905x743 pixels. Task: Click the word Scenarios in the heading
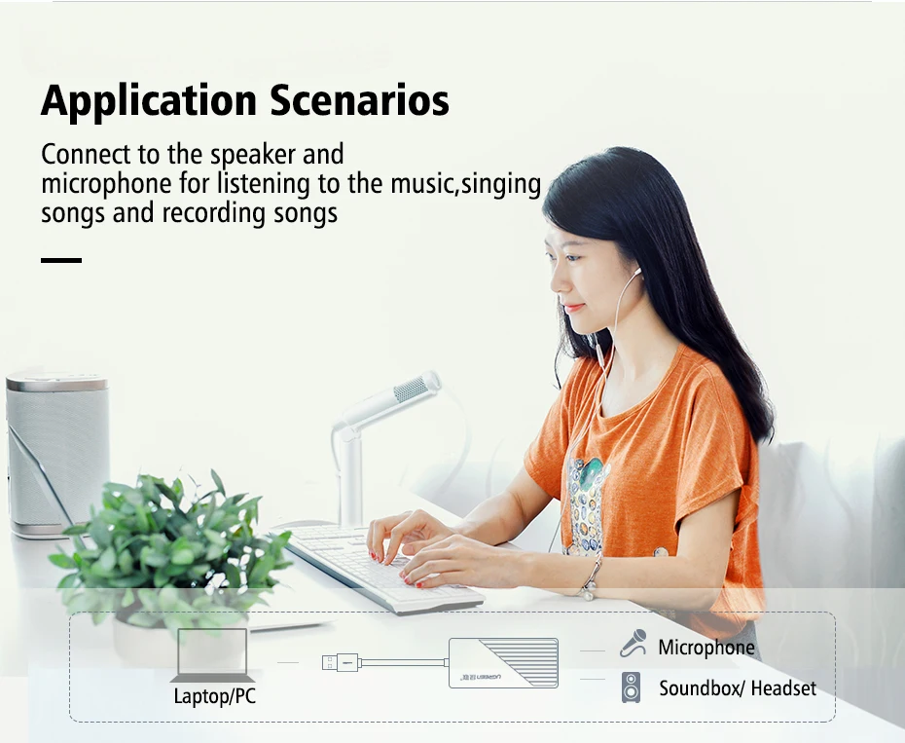pos(359,100)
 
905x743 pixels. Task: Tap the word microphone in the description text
pos(106,184)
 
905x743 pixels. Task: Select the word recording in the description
pos(213,213)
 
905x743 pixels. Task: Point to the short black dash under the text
pos(61,260)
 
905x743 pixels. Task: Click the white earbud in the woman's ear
pos(636,271)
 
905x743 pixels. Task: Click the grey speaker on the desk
pos(57,454)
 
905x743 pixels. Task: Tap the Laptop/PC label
pos(215,695)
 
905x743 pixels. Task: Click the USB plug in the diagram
pos(341,663)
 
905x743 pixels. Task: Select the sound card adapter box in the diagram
pos(503,663)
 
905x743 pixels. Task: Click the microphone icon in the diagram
pos(633,644)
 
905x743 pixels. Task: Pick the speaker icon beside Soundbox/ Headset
pos(631,687)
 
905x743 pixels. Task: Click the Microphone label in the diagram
pos(706,648)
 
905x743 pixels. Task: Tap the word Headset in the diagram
pos(783,688)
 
